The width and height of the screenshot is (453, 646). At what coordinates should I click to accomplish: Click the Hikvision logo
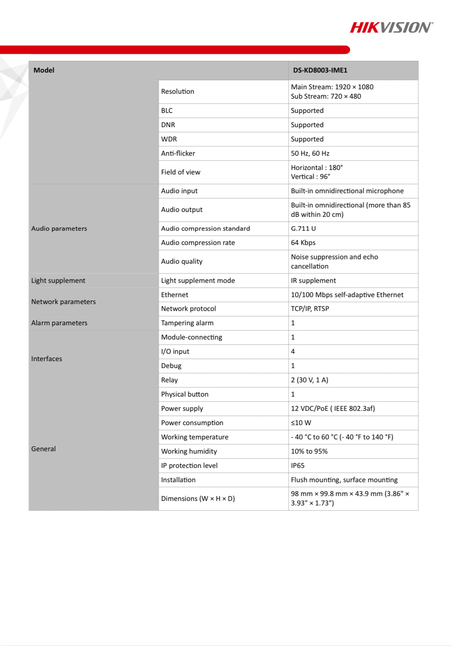tap(391, 28)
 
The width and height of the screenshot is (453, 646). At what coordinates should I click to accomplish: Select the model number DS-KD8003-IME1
tap(320, 70)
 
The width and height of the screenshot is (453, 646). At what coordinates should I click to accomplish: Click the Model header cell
tap(44, 70)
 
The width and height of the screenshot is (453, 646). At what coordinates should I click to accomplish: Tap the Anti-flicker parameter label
tap(178, 153)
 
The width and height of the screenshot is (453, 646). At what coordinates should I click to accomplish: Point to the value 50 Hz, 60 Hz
tap(310, 153)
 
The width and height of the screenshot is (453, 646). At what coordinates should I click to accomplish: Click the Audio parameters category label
tap(59, 228)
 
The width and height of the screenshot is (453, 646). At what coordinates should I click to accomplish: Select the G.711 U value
tap(303, 228)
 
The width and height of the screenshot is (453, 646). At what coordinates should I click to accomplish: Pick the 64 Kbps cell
tap(303, 243)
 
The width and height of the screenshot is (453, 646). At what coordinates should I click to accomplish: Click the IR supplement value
tap(313, 280)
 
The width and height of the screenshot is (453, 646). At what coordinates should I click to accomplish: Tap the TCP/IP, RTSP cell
tap(310, 309)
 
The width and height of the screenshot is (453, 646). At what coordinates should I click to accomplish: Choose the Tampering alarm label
tap(187, 323)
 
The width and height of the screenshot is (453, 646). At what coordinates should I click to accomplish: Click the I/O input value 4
tap(293, 351)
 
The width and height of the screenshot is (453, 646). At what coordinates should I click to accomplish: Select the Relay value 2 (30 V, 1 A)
tap(309, 380)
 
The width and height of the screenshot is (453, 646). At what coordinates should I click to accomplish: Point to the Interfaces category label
tap(47, 359)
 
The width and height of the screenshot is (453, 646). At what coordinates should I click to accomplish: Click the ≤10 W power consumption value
tap(301, 423)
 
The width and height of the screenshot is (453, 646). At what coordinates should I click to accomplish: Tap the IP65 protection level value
tap(298, 465)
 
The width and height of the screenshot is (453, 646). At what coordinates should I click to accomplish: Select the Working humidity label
tap(189, 451)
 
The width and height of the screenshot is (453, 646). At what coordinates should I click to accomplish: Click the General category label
tap(44, 449)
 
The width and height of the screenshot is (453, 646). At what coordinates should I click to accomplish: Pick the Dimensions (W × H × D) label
tap(198, 498)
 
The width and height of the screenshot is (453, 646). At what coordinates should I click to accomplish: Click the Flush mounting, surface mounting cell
tap(344, 480)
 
